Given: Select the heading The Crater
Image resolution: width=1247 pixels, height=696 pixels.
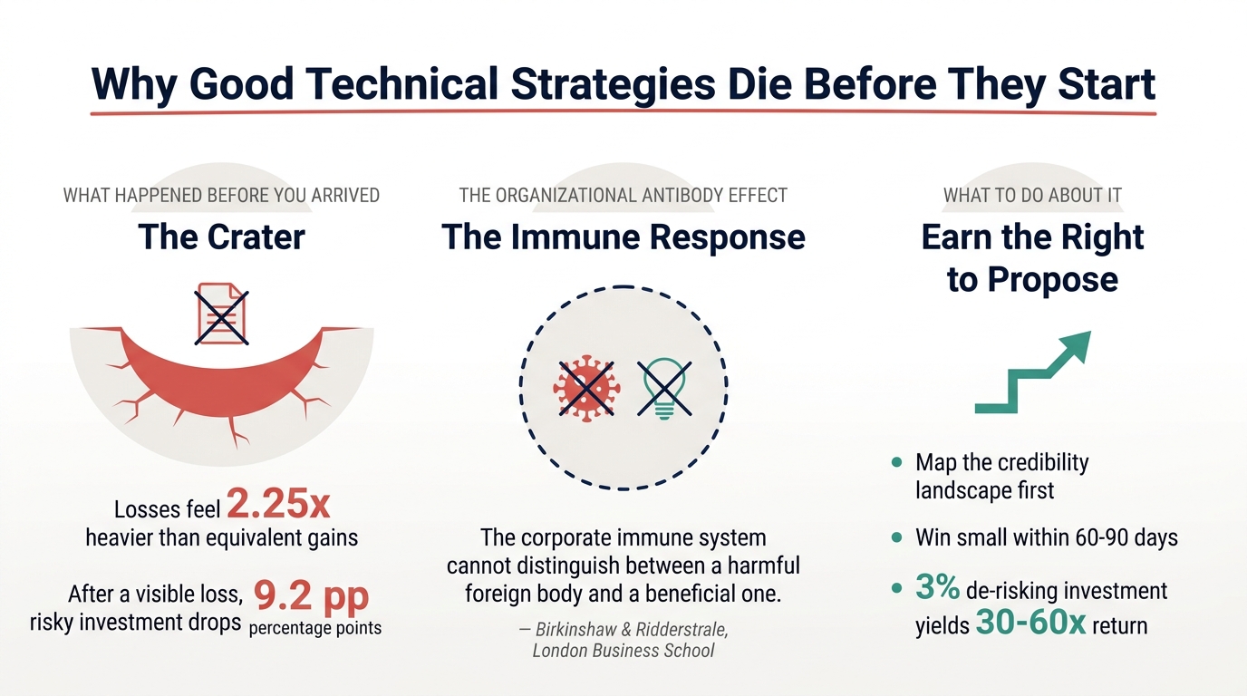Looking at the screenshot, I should pos(221,237).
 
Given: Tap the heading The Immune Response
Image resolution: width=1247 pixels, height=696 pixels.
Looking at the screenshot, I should pos(623,237).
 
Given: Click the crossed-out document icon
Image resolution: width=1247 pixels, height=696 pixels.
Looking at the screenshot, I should pos(222,314).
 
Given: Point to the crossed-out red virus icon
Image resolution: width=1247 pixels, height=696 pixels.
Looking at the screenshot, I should pos(585,388).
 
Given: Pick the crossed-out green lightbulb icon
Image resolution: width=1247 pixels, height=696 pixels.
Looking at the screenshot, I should pos(664,388).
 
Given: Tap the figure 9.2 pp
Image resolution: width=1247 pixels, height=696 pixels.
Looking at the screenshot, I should pos(311,595).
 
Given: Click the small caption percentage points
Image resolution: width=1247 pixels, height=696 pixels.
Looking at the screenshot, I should pos(314,627).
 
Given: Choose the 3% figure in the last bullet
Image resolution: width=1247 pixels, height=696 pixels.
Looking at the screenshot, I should pos(937,589).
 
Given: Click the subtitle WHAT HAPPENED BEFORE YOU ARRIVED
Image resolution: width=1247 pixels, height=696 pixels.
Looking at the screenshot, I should pos(221,195).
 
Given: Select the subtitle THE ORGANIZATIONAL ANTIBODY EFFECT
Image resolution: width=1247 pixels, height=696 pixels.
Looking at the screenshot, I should pos(623,195).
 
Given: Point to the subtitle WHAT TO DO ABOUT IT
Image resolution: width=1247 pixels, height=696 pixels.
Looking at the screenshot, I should pos(1032,195).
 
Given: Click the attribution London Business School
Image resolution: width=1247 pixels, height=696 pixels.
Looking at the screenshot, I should pos(623,651).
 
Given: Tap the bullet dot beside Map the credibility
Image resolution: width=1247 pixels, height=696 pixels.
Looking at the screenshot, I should pos(897,463).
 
